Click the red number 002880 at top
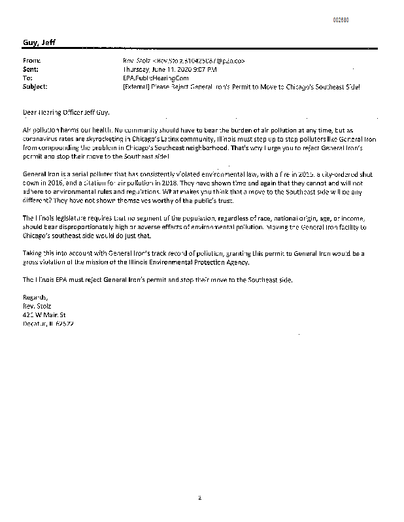pos(341,20)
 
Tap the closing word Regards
pos(35,296)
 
